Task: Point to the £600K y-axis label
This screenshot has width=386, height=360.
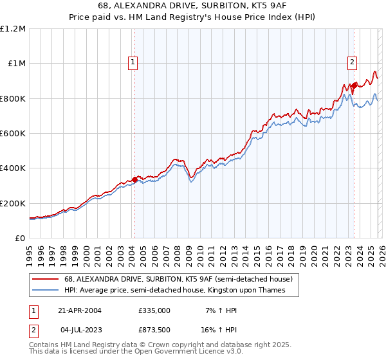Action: [14, 134]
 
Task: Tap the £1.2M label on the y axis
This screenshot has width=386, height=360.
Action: [14, 29]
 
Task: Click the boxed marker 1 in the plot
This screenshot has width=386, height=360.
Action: [133, 62]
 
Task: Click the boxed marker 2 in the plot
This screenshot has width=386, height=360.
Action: [353, 62]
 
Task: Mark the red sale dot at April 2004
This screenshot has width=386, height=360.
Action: [134, 179]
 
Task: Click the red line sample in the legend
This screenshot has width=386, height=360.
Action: [46, 280]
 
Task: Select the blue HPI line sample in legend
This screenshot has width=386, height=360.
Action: [46, 291]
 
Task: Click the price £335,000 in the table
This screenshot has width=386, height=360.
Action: [154, 310]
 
